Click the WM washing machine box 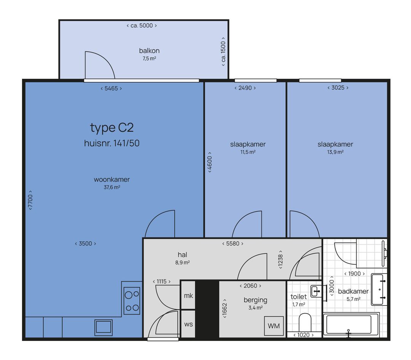click(x=274, y=326)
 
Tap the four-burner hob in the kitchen click(x=132, y=301)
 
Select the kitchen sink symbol click(x=104, y=328)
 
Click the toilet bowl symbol click(x=305, y=322)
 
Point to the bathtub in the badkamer click(x=351, y=325)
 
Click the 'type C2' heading click(x=112, y=128)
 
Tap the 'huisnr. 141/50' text click(x=112, y=143)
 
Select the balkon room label click(x=149, y=51)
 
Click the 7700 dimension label click(x=30, y=200)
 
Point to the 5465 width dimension click(x=111, y=88)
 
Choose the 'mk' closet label click(x=188, y=296)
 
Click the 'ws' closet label click(x=188, y=324)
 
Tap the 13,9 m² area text click(x=335, y=152)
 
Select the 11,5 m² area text click(x=248, y=152)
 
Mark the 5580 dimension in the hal click(x=233, y=243)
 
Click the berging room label click(x=255, y=300)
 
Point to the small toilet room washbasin click(x=317, y=291)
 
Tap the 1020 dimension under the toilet click(x=303, y=335)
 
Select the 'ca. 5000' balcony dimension click(x=142, y=26)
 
